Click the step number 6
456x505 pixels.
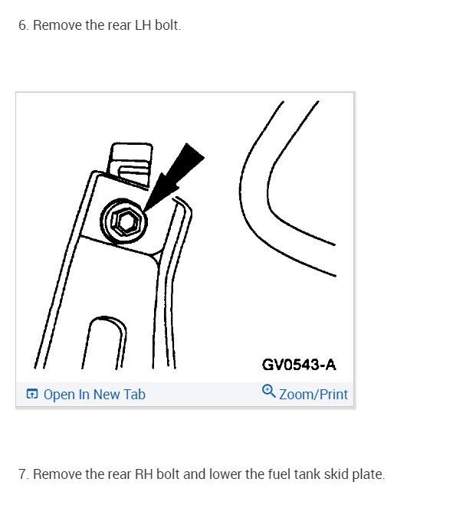pos(22,25)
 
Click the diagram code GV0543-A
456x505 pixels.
pos(299,364)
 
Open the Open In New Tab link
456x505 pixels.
pos(93,395)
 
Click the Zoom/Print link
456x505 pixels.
pos(313,395)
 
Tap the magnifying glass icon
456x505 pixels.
pos(268,391)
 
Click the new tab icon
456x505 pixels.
pos(31,395)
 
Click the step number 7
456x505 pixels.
pos(23,474)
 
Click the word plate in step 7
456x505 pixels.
pos(366,474)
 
